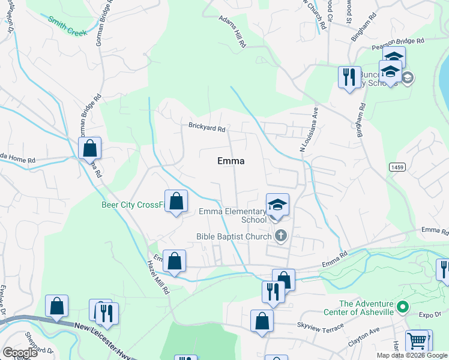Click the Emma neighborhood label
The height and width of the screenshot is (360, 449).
[231, 161]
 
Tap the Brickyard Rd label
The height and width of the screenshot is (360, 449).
[206, 128]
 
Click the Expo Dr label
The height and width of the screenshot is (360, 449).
[430, 314]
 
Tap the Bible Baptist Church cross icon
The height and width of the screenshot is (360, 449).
[280, 236]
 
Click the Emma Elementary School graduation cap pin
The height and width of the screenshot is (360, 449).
[277, 205]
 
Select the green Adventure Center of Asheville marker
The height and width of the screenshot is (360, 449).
[403, 308]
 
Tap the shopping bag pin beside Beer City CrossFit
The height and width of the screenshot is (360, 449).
[176, 201]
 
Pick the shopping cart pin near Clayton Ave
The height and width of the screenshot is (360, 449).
[417, 341]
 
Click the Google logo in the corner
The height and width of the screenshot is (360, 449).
[20, 353]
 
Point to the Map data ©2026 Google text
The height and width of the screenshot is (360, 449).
[412, 355]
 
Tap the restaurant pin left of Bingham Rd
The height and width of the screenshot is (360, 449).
[349, 77]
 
